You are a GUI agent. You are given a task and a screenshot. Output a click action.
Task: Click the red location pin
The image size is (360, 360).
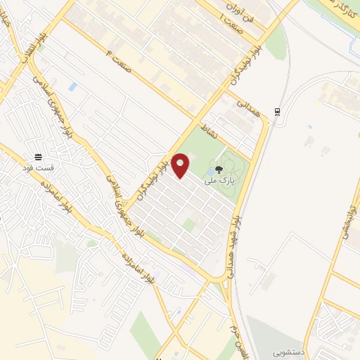pos(181,165)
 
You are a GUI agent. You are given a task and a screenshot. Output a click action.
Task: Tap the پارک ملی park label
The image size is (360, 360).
pos(221,181)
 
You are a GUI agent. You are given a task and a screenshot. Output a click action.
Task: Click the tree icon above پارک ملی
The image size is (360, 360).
pos(220,169)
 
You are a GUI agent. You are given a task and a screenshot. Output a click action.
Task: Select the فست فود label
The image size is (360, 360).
pos(39,169)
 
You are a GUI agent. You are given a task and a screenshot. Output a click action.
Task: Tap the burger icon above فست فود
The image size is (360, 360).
pos(39,157)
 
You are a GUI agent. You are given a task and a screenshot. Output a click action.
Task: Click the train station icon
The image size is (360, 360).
pos(278,110)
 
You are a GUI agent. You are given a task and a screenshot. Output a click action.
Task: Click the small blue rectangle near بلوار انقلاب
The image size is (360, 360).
pos(73,87)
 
